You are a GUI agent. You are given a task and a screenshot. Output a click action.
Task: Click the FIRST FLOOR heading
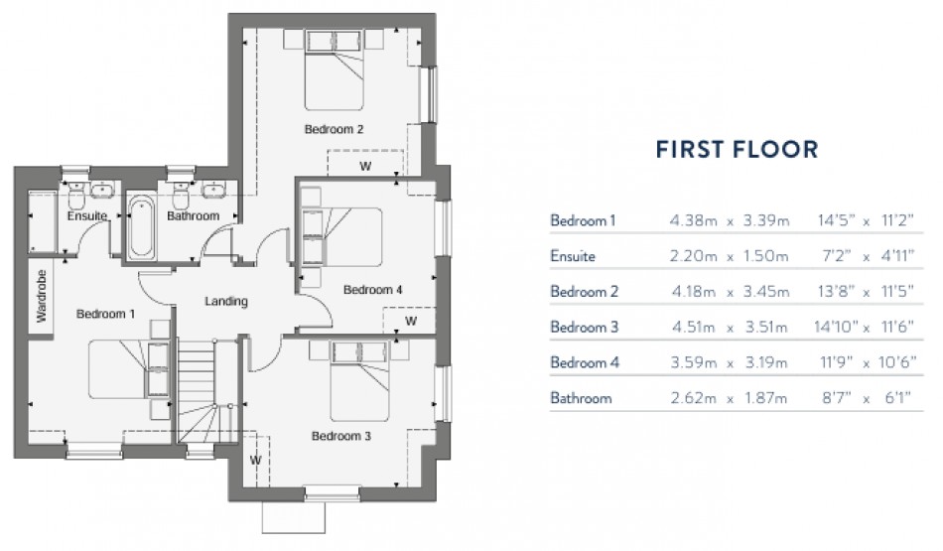[737, 150]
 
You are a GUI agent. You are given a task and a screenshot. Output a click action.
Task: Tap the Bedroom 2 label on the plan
[334, 129]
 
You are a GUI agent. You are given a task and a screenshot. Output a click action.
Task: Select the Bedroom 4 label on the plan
[372, 290]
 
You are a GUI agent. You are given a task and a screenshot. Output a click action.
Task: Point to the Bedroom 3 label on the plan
[341, 435]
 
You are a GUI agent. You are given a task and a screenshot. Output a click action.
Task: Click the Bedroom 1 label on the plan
[107, 313]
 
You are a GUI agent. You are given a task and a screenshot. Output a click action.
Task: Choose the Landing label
[225, 301]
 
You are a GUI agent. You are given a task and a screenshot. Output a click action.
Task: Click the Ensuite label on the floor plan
[87, 215]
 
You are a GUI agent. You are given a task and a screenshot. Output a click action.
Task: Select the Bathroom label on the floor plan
[193, 215]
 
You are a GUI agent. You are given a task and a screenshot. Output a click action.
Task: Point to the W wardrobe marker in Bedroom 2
[364, 166]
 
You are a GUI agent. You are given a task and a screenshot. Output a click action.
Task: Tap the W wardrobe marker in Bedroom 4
[410, 322]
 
